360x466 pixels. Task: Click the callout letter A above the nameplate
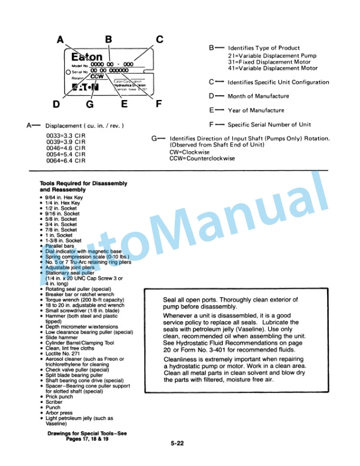[60, 40]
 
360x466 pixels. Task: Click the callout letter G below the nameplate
[90, 104]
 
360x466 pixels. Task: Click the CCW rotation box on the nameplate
[98, 76]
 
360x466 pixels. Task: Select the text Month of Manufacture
[258, 96]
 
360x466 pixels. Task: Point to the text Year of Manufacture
[256, 110]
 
